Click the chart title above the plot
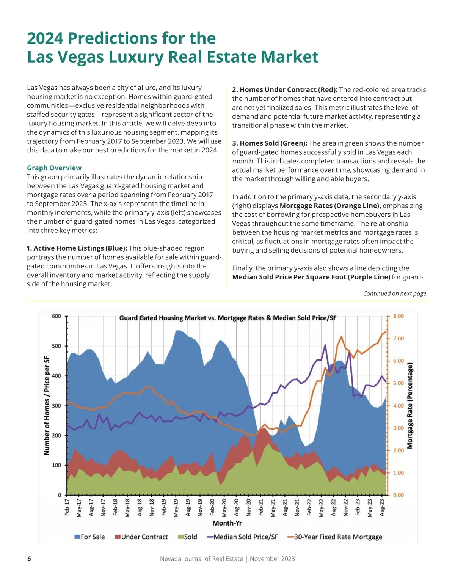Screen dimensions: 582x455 [x=227, y=318]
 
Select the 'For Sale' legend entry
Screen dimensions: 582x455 [x=89, y=537]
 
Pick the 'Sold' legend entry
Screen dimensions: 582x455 [x=188, y=537]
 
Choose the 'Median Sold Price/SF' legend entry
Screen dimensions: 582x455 [x=242, y=537]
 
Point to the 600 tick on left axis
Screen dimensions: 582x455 [x=56, y=316]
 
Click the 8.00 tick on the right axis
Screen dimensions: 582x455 [x=399, y=316]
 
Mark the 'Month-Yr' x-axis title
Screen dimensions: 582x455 [x=227, y=523]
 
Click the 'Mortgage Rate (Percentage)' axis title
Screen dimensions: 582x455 [x=409, y=406]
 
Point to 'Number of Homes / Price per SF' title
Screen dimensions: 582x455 [x=47, y=406]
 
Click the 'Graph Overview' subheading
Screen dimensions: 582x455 [x=54, y=168]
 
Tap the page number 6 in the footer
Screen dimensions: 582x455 [x=29, y=559]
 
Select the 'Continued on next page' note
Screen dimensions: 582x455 [x=394, y=293]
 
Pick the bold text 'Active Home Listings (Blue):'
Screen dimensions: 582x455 [x=77, y=248]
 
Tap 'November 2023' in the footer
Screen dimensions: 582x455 [x=272, y=559]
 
